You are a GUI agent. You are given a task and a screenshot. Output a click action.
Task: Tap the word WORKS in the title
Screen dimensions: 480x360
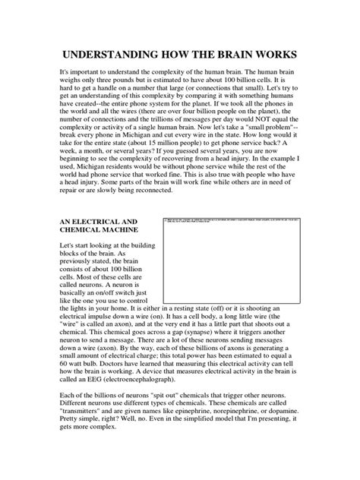pos(276,57)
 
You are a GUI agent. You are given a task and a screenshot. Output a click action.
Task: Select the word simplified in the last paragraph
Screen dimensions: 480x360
pos(200,461)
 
